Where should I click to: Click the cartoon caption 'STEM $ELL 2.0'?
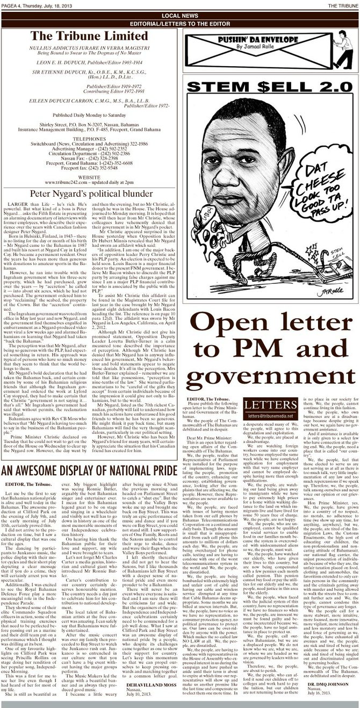tap(269, 88)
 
